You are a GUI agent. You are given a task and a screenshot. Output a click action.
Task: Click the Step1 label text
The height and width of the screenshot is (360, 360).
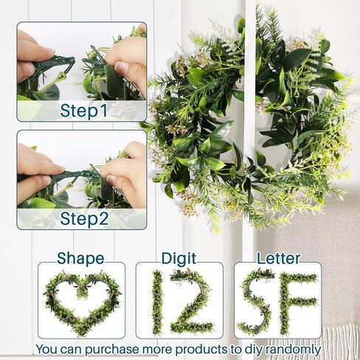coord(83,111)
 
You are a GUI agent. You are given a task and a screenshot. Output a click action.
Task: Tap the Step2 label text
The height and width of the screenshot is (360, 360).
coord(84,218)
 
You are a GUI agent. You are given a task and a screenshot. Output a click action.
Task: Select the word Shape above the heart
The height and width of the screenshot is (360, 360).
coord(80,259)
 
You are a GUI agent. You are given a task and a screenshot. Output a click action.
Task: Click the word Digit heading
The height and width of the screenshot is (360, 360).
coord(179,258)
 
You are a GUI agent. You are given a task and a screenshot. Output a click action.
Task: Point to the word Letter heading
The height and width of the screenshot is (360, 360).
coord(278,258)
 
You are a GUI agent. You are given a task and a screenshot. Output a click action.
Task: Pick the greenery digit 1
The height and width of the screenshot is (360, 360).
coord(157,302)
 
